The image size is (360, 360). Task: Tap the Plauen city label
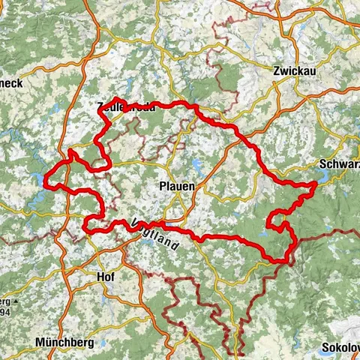[x=177, y=185]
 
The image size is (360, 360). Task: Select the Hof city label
[x=106, y=277]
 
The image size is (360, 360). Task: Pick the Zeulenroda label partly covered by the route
[x=126, y=106]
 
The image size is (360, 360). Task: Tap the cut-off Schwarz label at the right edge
[x=340, y=165]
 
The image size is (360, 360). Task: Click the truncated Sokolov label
[x=340, y=348]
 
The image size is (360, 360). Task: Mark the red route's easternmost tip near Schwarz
[x=314, y=183]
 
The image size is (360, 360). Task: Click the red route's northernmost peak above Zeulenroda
[x=118, y=99]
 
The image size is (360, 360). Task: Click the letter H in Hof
[x=99, y=277]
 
